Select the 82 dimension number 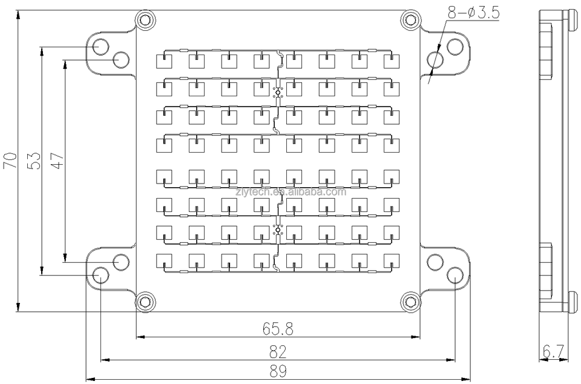click(x=278, y=351)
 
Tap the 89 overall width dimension click(x=278, y=371)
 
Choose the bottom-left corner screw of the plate click(x=144, y=300)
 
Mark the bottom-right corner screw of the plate click(x=411, y=300)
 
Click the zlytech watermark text click(x=309, y=193)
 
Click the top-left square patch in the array click(x=165, y=61)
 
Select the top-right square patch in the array click(x=391, y=61)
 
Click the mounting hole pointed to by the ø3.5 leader click(x=435, y=59)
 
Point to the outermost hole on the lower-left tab click(x=100, y=276)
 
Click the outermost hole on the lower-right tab click(x=455, y=276)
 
